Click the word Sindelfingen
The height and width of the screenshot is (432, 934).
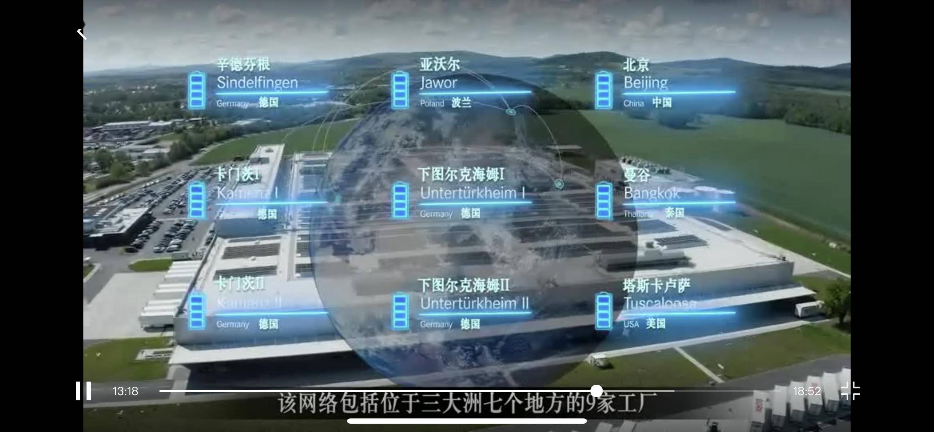coord(257,83)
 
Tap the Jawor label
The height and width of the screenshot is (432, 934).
coord(438,83)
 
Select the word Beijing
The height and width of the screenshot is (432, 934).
coord(645,83)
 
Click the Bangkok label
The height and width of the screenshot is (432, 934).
coord(652,193)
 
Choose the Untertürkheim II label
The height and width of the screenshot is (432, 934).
coord(474,304)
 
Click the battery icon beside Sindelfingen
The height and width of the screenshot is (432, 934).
coord(197,90)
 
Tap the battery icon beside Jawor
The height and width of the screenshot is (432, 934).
coord(400,90)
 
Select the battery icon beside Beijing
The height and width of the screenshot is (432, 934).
coord(604,90)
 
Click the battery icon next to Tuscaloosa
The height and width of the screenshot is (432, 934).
coord(604,311)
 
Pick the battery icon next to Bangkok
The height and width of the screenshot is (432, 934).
coord(604,201)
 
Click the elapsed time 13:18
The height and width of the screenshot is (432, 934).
coord(125,391)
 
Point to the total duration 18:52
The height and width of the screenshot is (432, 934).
coord(807,391)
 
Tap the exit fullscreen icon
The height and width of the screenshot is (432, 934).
coord(850,391)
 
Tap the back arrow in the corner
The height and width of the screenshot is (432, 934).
coord(82,33)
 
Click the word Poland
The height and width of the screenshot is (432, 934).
coord(432,103)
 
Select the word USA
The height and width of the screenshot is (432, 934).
coord(631,324)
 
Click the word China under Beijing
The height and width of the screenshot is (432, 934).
coord(633,103)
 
